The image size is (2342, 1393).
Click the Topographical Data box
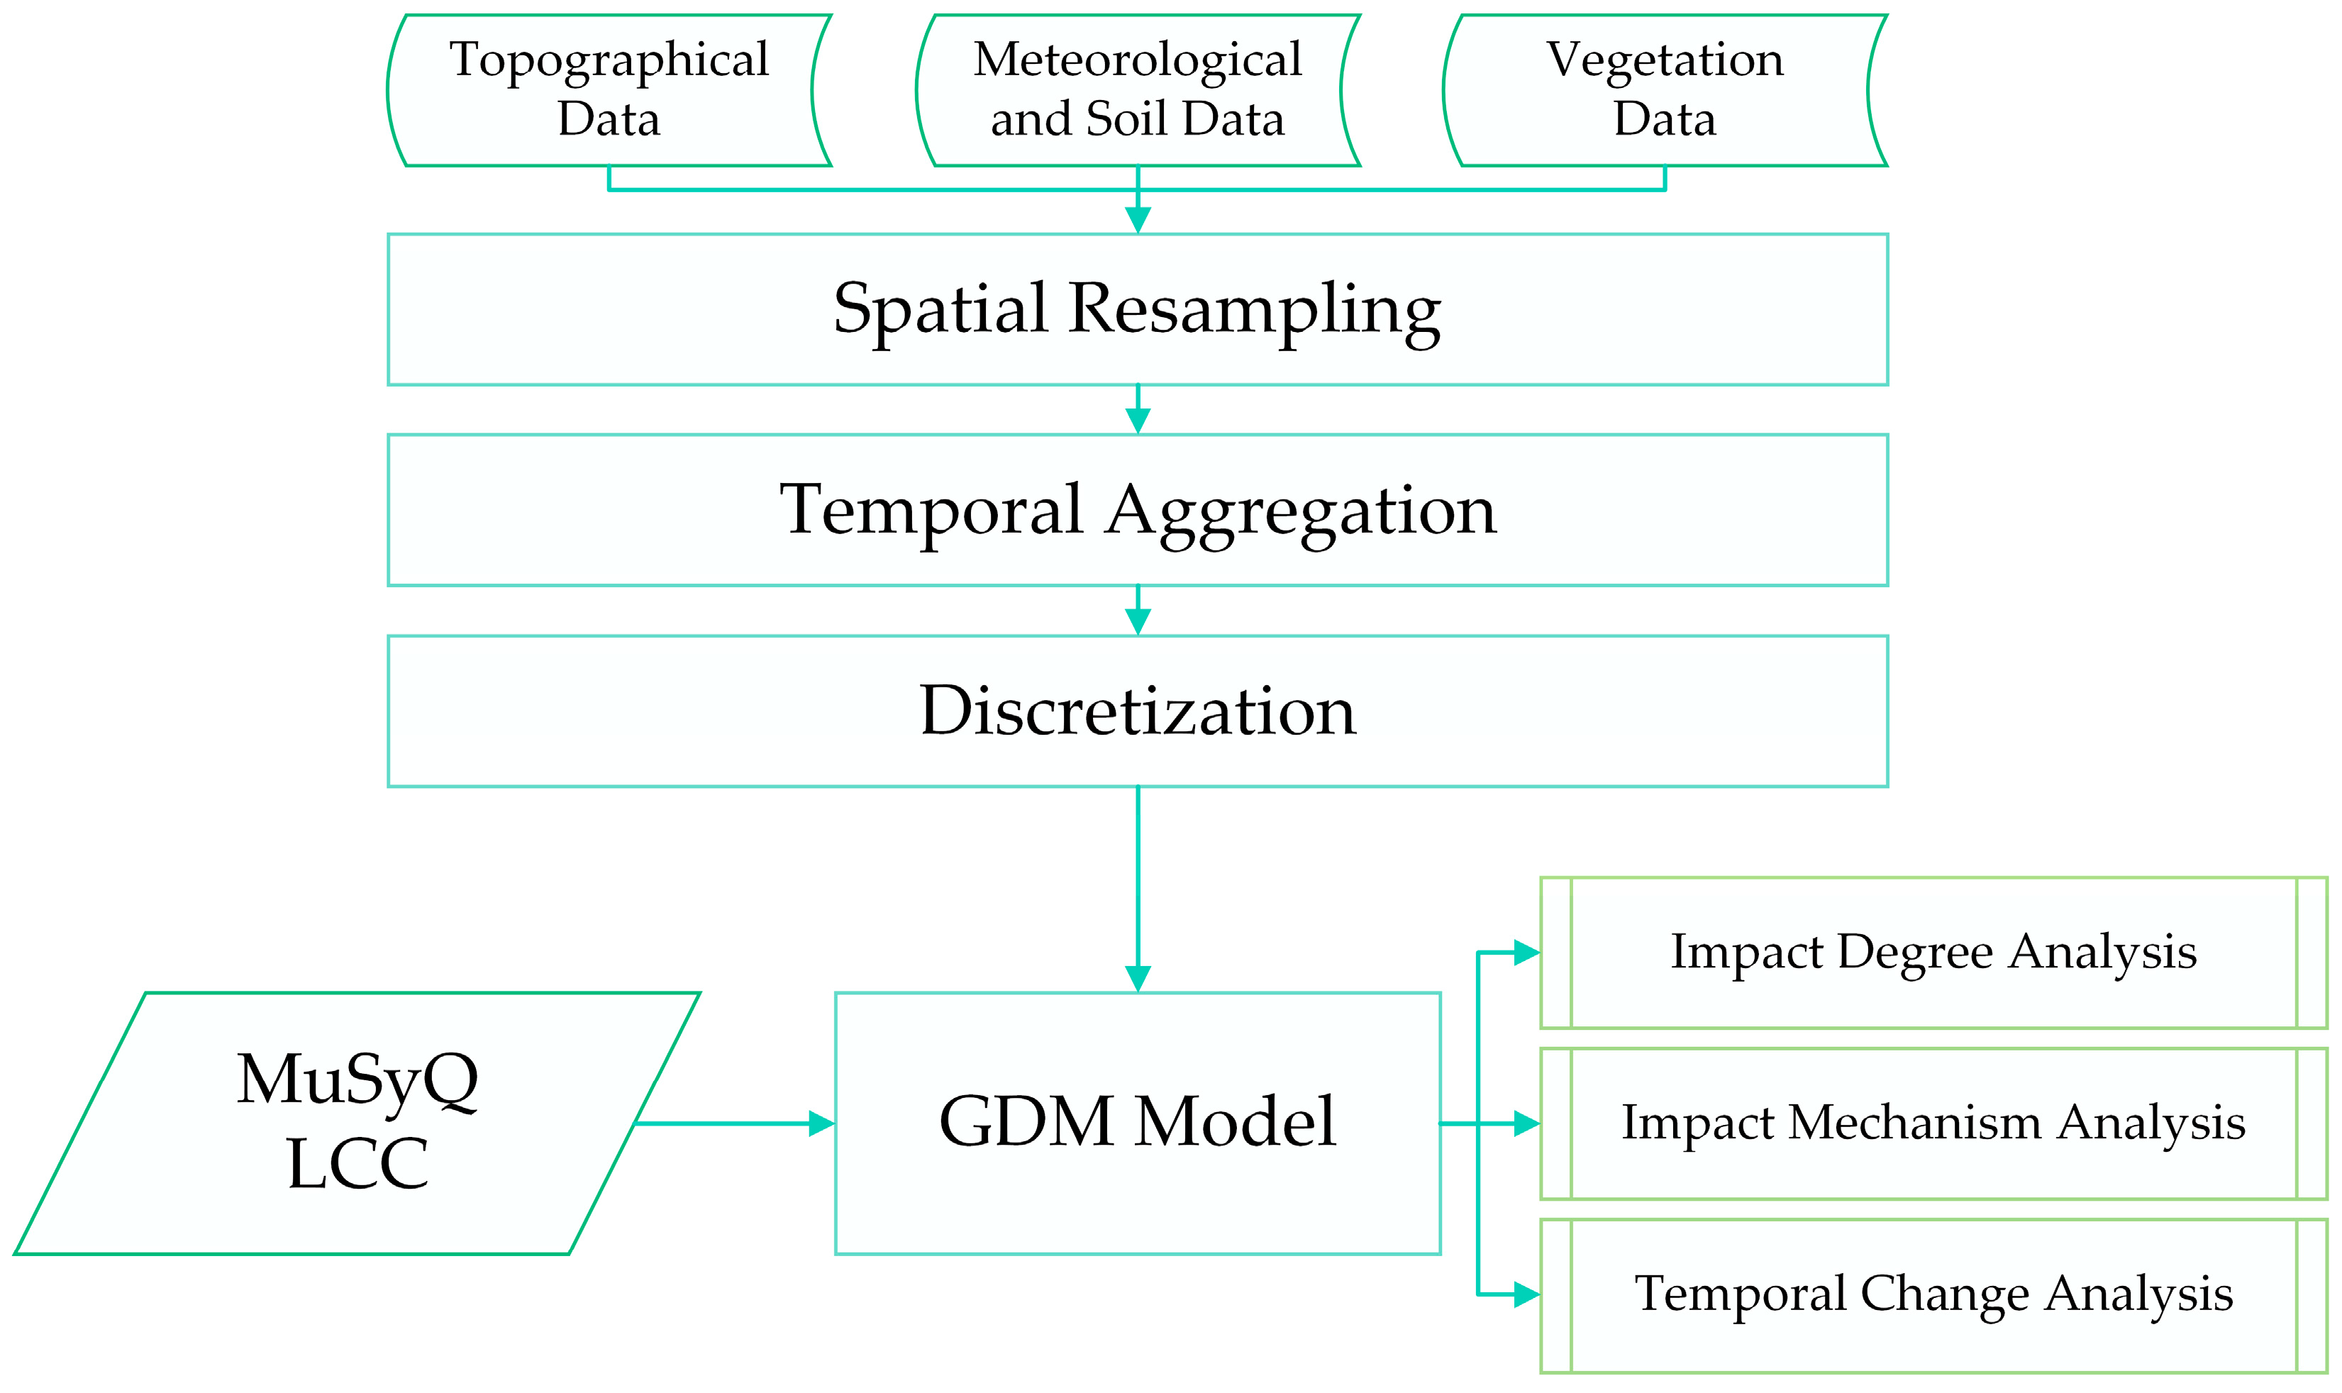pos(609,90)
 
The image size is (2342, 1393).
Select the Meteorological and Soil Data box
pos(1138,90)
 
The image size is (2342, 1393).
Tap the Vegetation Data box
pos(1664,90)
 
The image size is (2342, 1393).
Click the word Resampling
pos(1254,310)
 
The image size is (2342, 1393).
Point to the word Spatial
pos(940,310)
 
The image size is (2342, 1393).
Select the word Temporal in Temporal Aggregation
pos(931,511)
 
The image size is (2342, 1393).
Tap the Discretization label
pos(1138,711)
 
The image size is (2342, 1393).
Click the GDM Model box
pos(1138,1123)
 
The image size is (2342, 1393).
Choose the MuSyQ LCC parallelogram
pos(357,1123)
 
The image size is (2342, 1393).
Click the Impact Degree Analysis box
pos(1933,953)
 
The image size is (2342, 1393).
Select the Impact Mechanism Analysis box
pos(1933,1123)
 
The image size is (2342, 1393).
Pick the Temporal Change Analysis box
pos(1933,1294)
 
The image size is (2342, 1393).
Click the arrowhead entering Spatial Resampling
pos(1138,221)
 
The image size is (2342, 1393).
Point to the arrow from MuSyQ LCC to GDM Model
pos(732,1123)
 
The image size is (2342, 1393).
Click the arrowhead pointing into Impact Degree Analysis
pos(1526,953)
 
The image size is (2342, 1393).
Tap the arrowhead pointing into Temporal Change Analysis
pos(1526,1294)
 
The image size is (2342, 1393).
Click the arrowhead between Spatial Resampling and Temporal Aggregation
pos(1138,421)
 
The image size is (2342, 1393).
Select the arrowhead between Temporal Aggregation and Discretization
pos(1138,622)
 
